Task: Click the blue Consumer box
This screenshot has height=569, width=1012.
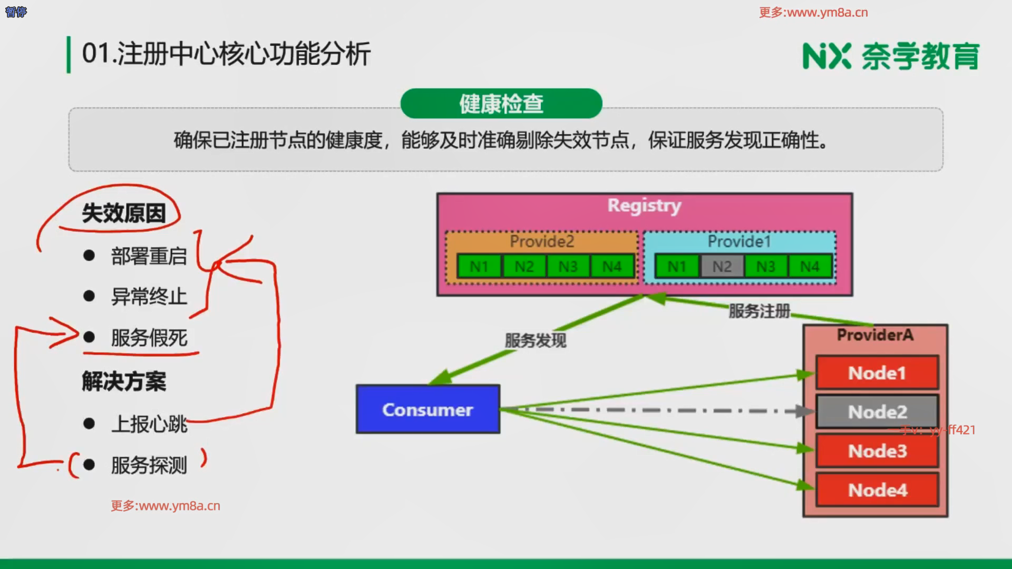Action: [427, 409]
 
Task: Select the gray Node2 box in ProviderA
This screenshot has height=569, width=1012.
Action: [877, 411]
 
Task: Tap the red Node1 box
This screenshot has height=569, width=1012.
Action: [877, 372]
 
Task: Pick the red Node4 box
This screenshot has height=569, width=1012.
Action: [877, 490]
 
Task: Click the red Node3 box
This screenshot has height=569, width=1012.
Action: [877, 451]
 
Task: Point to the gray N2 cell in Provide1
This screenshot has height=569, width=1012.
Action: [722, 267]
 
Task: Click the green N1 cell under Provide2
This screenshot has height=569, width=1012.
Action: [479, 267]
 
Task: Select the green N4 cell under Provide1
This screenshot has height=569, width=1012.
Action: [810, 267]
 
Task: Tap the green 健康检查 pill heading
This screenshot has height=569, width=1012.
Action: [501, 104]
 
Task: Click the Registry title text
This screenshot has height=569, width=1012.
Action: [644, 205]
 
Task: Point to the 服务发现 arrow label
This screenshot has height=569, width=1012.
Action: [536, 340]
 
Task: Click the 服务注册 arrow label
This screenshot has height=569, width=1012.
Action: [759, 311]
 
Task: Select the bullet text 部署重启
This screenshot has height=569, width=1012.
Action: [149, 256]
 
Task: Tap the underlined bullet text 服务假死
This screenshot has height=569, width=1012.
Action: [149, 338]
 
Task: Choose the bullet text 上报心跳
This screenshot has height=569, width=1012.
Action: [149, 424]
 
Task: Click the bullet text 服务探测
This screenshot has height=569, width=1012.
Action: [149, 465]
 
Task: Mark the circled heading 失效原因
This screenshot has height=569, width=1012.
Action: [124, 213]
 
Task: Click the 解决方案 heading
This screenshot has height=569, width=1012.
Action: [124, 381]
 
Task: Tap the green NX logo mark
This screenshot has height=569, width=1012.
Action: [826, 56]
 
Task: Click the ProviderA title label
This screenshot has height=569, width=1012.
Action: [875, 335]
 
